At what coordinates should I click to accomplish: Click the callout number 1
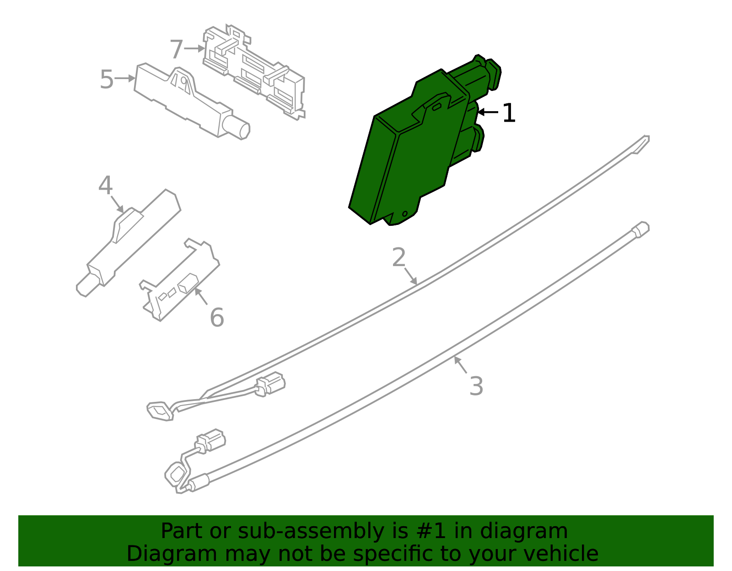pyautogui.click(x=509, y=113)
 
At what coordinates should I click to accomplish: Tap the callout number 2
pyautogui.click(x=398, y=257)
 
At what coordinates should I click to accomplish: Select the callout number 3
pyautogui.click(x=476, y=386)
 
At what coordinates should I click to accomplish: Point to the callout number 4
pyautogui.click(x=105, y=186)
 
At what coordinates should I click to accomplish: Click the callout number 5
pyautogui.click(x=106, y=80)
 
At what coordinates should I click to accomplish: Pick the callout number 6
pyautogui.click(x=217, y=318)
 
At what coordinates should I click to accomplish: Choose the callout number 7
pyautogui.click(x=176, y=49)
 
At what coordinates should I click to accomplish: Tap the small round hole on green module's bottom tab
pyautogui.click(x=404, y=213)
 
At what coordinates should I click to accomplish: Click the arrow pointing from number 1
pyautogui.click(x=488, y=112)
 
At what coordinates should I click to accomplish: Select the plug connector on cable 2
pyautogui.click(x=271, y=384)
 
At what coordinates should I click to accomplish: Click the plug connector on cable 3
pyautogui.click(x=210, y=441)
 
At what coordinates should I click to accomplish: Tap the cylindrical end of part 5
pyautogui.click(x=239, y=127)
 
